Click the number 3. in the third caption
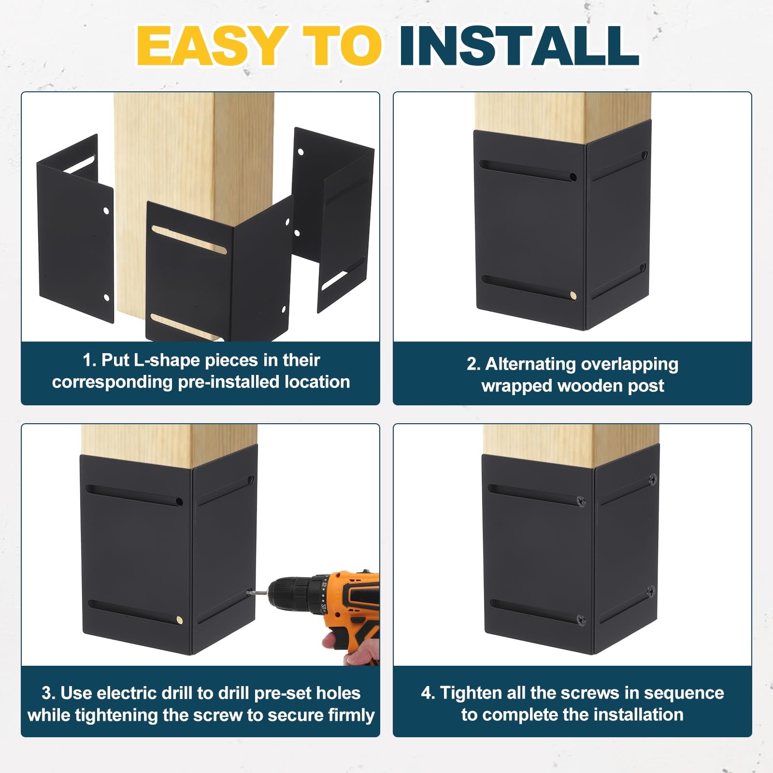point(48,693)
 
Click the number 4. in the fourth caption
point(428,693)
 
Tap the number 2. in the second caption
point(473,364)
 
